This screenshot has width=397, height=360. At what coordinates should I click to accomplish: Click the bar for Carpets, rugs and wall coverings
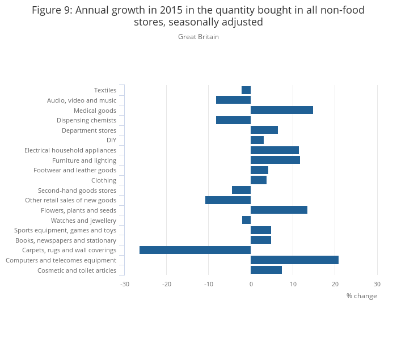(x=195, y=250)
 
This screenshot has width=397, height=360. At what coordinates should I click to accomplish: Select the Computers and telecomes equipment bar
(x=294, y=260)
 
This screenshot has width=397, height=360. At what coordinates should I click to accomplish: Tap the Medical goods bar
(x=282, y=110)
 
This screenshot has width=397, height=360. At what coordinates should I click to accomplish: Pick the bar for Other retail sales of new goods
(x=228, y=200)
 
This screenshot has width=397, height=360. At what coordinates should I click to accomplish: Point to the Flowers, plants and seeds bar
(x=279, y=210)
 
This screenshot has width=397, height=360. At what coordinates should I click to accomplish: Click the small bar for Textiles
(x=246, y=90)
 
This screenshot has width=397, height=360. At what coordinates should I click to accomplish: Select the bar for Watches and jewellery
(x=247, y=220)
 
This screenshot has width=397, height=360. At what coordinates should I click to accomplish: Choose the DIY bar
(x=257, y=140)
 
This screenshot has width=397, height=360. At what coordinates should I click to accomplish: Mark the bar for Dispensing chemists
(x=233, y=120)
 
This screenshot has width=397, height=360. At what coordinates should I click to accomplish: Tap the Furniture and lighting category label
(x=84, y=160)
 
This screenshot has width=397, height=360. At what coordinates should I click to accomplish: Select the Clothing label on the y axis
(x=104, y=180)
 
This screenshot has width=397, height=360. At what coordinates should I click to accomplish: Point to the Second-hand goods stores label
(x=77, y=190)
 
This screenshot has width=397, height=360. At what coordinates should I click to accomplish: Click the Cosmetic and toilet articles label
(x=77, y=270)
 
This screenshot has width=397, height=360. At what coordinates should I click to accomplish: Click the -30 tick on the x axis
(x=124, y=283)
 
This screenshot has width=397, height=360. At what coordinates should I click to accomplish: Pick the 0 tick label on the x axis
(x=251, y=283)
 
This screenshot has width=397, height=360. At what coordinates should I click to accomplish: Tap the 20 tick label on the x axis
(x=335, y=283)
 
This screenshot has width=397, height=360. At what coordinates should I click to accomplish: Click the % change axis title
(x=361, y=296)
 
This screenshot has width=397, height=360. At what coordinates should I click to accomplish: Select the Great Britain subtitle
(x=198, y=37)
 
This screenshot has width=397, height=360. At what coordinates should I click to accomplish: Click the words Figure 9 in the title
(x=53, y=10)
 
